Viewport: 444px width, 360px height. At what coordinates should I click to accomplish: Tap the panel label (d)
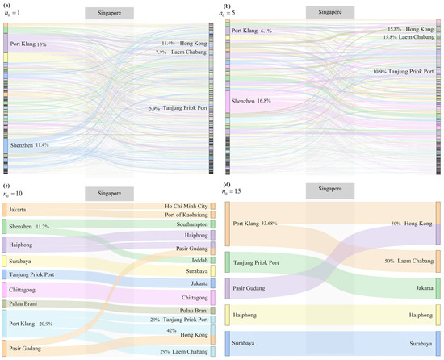point(228,187)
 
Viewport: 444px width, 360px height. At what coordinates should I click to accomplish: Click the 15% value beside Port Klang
point(42,44)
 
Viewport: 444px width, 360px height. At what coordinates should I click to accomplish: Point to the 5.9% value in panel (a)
point(154,109)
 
